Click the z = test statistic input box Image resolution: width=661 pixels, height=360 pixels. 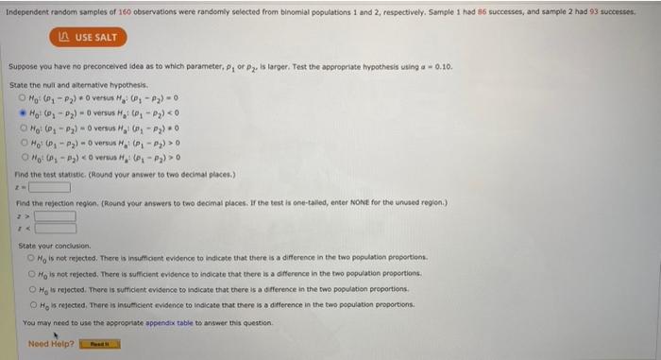click(49, 186)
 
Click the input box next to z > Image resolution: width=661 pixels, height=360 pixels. click(56, 214)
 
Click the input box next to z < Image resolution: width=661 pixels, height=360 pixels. click(56, 227)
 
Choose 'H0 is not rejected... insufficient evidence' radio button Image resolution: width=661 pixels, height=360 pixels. click(30, 257)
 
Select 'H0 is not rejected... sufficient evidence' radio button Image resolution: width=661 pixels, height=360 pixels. click(30, 273)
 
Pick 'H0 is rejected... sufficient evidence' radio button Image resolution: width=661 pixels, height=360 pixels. click(30, 289)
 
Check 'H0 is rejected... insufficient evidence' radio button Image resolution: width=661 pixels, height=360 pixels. click(30, 305)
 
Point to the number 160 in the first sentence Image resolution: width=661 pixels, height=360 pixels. click(126, 10)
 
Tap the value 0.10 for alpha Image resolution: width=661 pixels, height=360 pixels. click(443, 67)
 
